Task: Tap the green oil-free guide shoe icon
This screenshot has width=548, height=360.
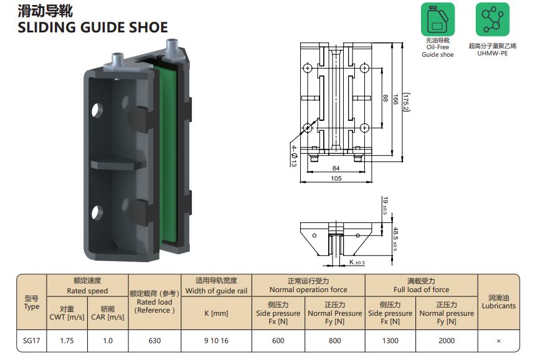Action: point(438,19)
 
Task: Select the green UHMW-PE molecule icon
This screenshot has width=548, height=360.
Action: point(492,19)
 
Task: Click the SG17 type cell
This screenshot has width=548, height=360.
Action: point(31,341)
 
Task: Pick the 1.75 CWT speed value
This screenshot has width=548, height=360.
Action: point(67,341)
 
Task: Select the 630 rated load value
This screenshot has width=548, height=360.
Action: point(154,341)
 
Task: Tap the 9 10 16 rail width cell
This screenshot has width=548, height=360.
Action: point(216,341)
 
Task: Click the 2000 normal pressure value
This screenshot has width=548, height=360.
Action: point(446,341)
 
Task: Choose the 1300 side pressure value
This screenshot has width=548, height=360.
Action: point(390,341)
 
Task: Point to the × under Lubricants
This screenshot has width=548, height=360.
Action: point(498,341)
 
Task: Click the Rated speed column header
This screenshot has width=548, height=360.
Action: point(87,291)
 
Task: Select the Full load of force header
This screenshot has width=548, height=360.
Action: point(421,290)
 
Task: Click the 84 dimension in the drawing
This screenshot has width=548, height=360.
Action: point(336,168)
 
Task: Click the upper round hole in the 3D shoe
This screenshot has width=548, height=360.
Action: point(98,110)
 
